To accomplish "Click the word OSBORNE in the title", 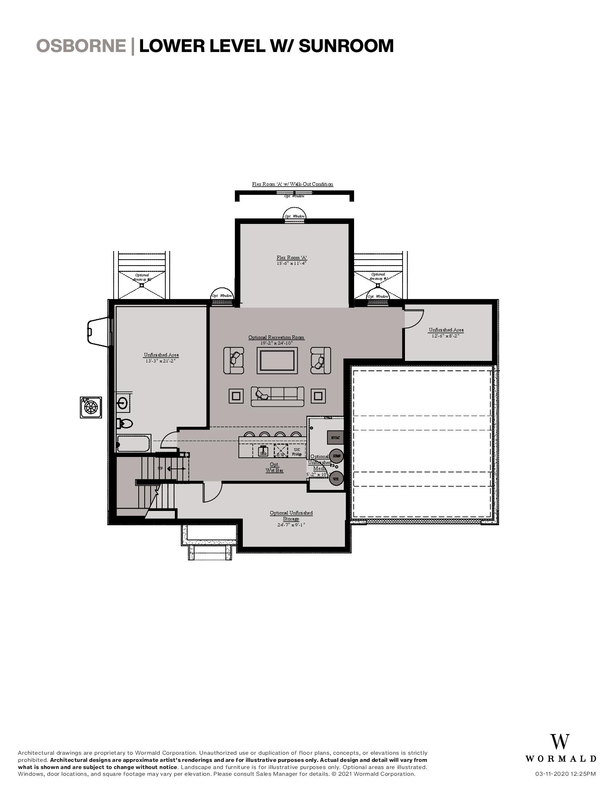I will pos(81,46).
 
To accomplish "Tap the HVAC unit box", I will pos(335,437).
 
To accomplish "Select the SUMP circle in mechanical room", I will pos(336,456).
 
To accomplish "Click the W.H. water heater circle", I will pos(336,478).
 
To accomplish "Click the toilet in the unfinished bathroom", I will pos(124,424).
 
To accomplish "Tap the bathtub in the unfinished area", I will pos(134,443).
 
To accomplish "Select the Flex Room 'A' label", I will pos(292,258).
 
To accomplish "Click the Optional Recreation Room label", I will pos(276,337).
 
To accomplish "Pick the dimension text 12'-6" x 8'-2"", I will pos(445,335).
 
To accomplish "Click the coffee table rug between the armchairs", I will pos(277,360).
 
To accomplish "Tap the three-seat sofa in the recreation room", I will pos(277,396).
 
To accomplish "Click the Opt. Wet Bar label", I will pos(274,467).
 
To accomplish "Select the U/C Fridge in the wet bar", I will pos(297,451).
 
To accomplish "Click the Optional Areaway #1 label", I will pos(378,276).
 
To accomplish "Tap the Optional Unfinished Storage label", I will pos(291,516).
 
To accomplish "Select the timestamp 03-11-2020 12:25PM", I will pos(565,774).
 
